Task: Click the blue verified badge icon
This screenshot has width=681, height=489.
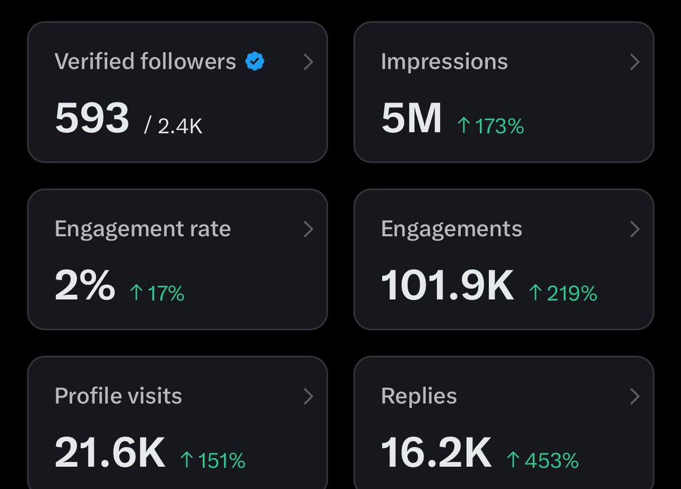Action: coord(255,61)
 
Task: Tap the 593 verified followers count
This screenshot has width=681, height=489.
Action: coord(92,119)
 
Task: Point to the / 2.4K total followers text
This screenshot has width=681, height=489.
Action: coord(173,126)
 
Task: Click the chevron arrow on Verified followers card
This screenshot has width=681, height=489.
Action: coord(308,62)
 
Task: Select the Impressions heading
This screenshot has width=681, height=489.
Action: coord(444,61)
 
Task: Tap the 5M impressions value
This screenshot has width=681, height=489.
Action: coord(411,119)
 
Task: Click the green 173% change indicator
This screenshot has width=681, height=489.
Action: coord(491,126)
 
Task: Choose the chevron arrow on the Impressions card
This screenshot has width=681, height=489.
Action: coord(635,62)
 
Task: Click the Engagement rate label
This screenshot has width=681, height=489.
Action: coord(143,228)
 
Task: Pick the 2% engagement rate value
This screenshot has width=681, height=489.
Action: coord(85,286)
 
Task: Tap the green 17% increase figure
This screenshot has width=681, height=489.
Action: coord(157,293)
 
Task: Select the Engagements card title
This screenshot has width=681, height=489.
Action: coord(452,228)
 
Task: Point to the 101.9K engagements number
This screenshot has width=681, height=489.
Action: coord(447,286)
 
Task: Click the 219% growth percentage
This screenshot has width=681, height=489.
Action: coord(563,293)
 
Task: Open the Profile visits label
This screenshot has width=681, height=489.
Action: coord(118,396)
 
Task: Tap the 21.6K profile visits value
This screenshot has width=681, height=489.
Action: coord(110,453)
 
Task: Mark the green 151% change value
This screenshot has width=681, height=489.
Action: coord(213,460)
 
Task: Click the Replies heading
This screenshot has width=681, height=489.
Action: coord(419,396)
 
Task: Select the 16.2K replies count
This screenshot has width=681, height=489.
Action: coord(436,453)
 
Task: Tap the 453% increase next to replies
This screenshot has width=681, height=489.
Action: coord(542,460)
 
